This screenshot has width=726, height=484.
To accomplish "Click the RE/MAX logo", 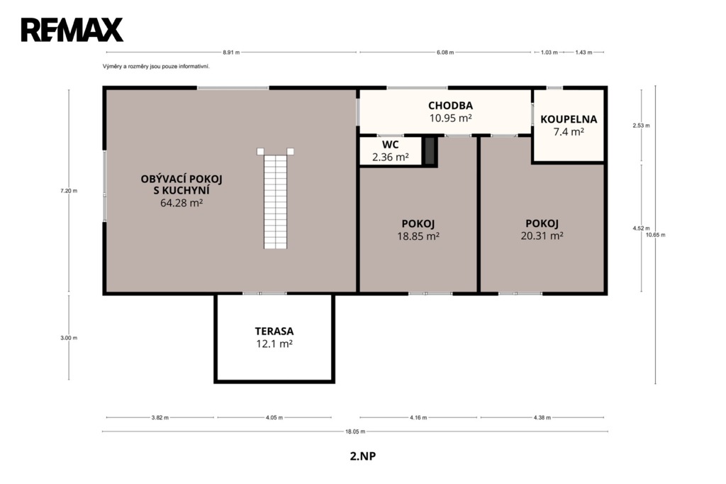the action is coord(72,30).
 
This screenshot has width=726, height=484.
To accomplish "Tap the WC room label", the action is coord(391,145).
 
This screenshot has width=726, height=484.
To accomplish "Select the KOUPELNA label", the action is coord(569,119).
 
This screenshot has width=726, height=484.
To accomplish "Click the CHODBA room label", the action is coord(450,106).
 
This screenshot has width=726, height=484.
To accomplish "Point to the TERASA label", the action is coord(274,331).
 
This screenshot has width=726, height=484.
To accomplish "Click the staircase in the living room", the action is coord(276,199).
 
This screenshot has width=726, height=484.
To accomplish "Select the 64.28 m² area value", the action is coord(181,203).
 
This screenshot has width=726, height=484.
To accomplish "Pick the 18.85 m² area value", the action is coord(418,236).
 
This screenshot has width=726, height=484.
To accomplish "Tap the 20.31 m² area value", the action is coord(542,236).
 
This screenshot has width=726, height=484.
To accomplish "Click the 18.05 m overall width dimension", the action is coord(355,431).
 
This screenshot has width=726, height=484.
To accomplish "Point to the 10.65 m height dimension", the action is coord(656,235).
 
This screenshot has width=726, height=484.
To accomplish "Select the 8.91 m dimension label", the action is coord(232,53).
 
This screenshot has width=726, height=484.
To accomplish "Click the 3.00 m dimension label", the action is coord(69,338).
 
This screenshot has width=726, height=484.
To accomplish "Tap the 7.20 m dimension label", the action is coord(69,190).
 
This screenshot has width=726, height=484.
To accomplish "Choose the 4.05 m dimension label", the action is coord(274,418).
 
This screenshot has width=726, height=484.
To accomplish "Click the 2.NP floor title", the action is coord(363,456).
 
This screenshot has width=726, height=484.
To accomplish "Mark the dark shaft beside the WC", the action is coord(430,150).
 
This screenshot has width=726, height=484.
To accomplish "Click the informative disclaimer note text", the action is coord(156,67).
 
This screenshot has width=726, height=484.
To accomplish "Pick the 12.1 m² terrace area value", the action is coord(274,344).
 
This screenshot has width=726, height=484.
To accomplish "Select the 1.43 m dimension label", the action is coord(583,53).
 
